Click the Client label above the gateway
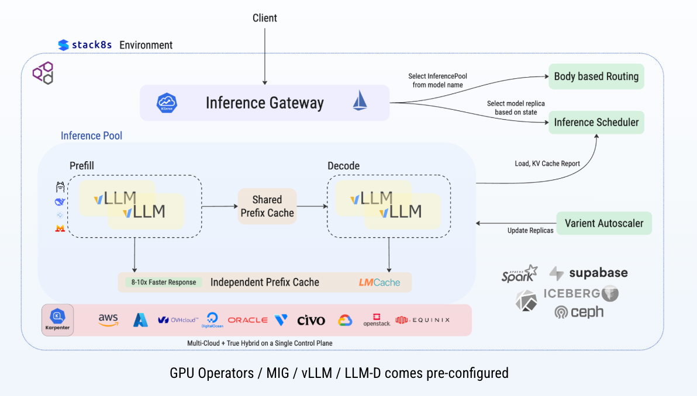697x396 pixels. tap(265, 18)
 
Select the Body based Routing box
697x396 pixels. tap(596, 77)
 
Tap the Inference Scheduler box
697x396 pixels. tap(596, 123)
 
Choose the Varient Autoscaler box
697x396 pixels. tap(603, 223)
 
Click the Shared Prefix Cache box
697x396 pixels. tap(267, 206)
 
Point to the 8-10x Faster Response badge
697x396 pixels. tap(163, 282)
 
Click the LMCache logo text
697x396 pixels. tap(379, 283)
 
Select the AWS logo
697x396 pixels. tap(109, 320)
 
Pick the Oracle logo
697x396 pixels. tap(247, 320)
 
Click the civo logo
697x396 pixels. tap(310, 320)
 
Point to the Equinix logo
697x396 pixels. tap(423, 320)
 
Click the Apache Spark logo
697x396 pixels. tap(519, 273)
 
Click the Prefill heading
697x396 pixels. tap(81, 166)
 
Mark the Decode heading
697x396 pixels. tap(343, 166)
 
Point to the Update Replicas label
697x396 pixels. tap(530, 230)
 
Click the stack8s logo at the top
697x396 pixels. tap(85, 45)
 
